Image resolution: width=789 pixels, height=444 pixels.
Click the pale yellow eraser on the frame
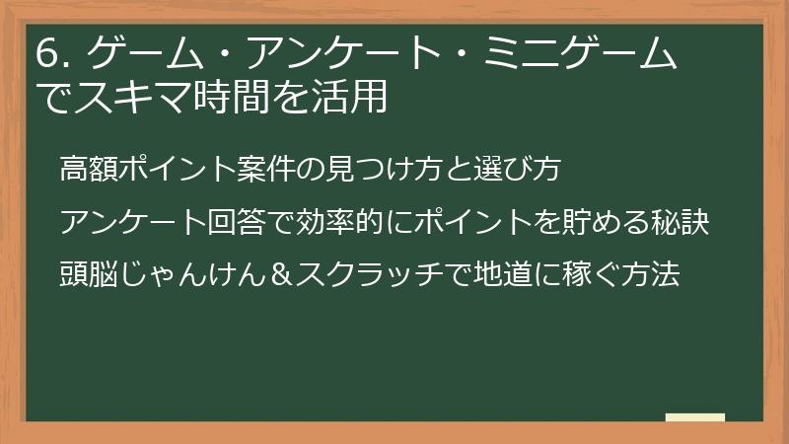point(695,417)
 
